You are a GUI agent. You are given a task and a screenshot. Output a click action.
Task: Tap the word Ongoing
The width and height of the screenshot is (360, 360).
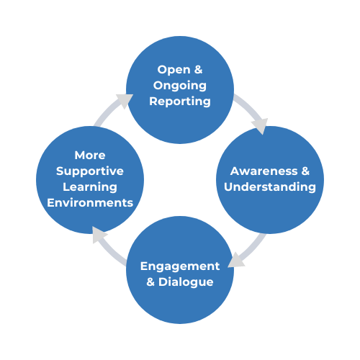[180, 86]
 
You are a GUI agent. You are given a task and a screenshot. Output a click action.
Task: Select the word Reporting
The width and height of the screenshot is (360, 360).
[180, 102]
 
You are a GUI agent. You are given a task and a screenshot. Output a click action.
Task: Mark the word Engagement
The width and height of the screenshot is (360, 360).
[179, 266]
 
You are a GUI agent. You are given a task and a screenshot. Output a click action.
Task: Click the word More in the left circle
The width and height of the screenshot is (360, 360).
[90, 156]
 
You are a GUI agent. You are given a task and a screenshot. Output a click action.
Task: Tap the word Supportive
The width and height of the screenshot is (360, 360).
[90, 171]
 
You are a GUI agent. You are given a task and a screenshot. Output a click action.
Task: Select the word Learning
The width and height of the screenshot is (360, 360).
[90, 187]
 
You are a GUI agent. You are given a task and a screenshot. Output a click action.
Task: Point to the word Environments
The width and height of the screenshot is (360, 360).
[90, 203]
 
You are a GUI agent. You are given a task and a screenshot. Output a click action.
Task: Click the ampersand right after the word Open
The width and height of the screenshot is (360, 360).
[198, 70]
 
